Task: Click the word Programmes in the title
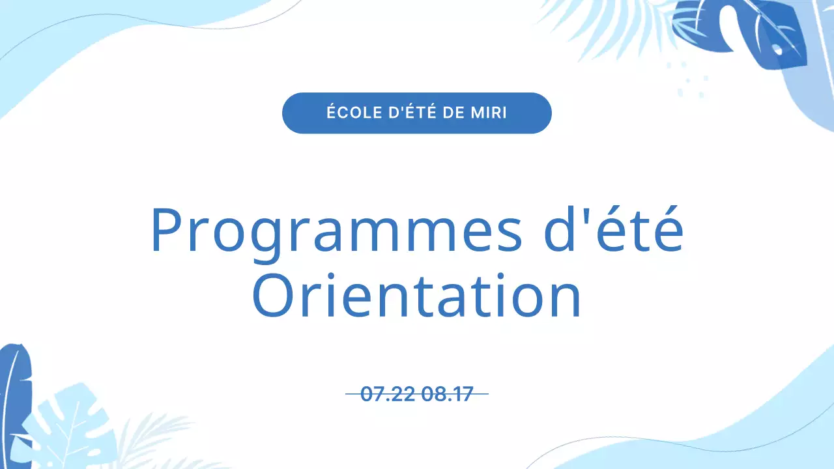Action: (x=336, y=231)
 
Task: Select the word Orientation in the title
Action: (x=416, y=296)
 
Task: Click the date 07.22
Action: (x=388, y=394)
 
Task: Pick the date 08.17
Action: (x=447, y=394)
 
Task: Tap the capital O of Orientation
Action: (x=273, y=296)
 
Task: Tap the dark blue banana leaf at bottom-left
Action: (x=16, y=391)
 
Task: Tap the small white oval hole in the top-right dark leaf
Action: (x=777, y=50)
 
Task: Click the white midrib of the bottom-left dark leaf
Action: (x=9, y=404)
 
